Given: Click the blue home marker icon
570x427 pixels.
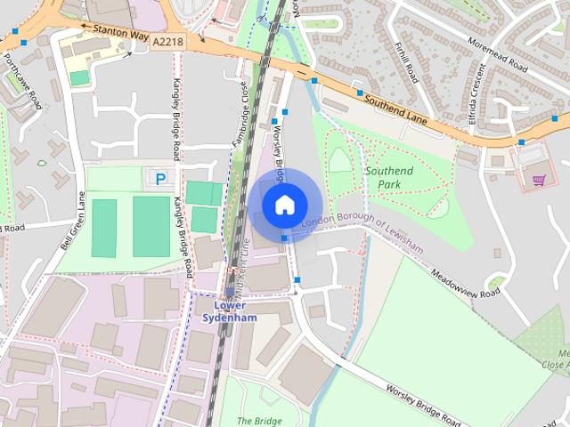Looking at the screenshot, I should pyautogui.click(x=284, y=205).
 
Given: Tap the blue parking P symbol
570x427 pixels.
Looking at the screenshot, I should pyautogui.click(x=160, y=180).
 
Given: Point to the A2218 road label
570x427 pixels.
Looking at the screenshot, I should pyautogui.click(x=167, y=41).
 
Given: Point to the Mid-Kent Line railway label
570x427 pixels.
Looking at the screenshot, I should pyautogui.click(x=240, y=257).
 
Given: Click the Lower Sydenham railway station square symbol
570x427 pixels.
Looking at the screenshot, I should pyautogui.click(x=230, y=292).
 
